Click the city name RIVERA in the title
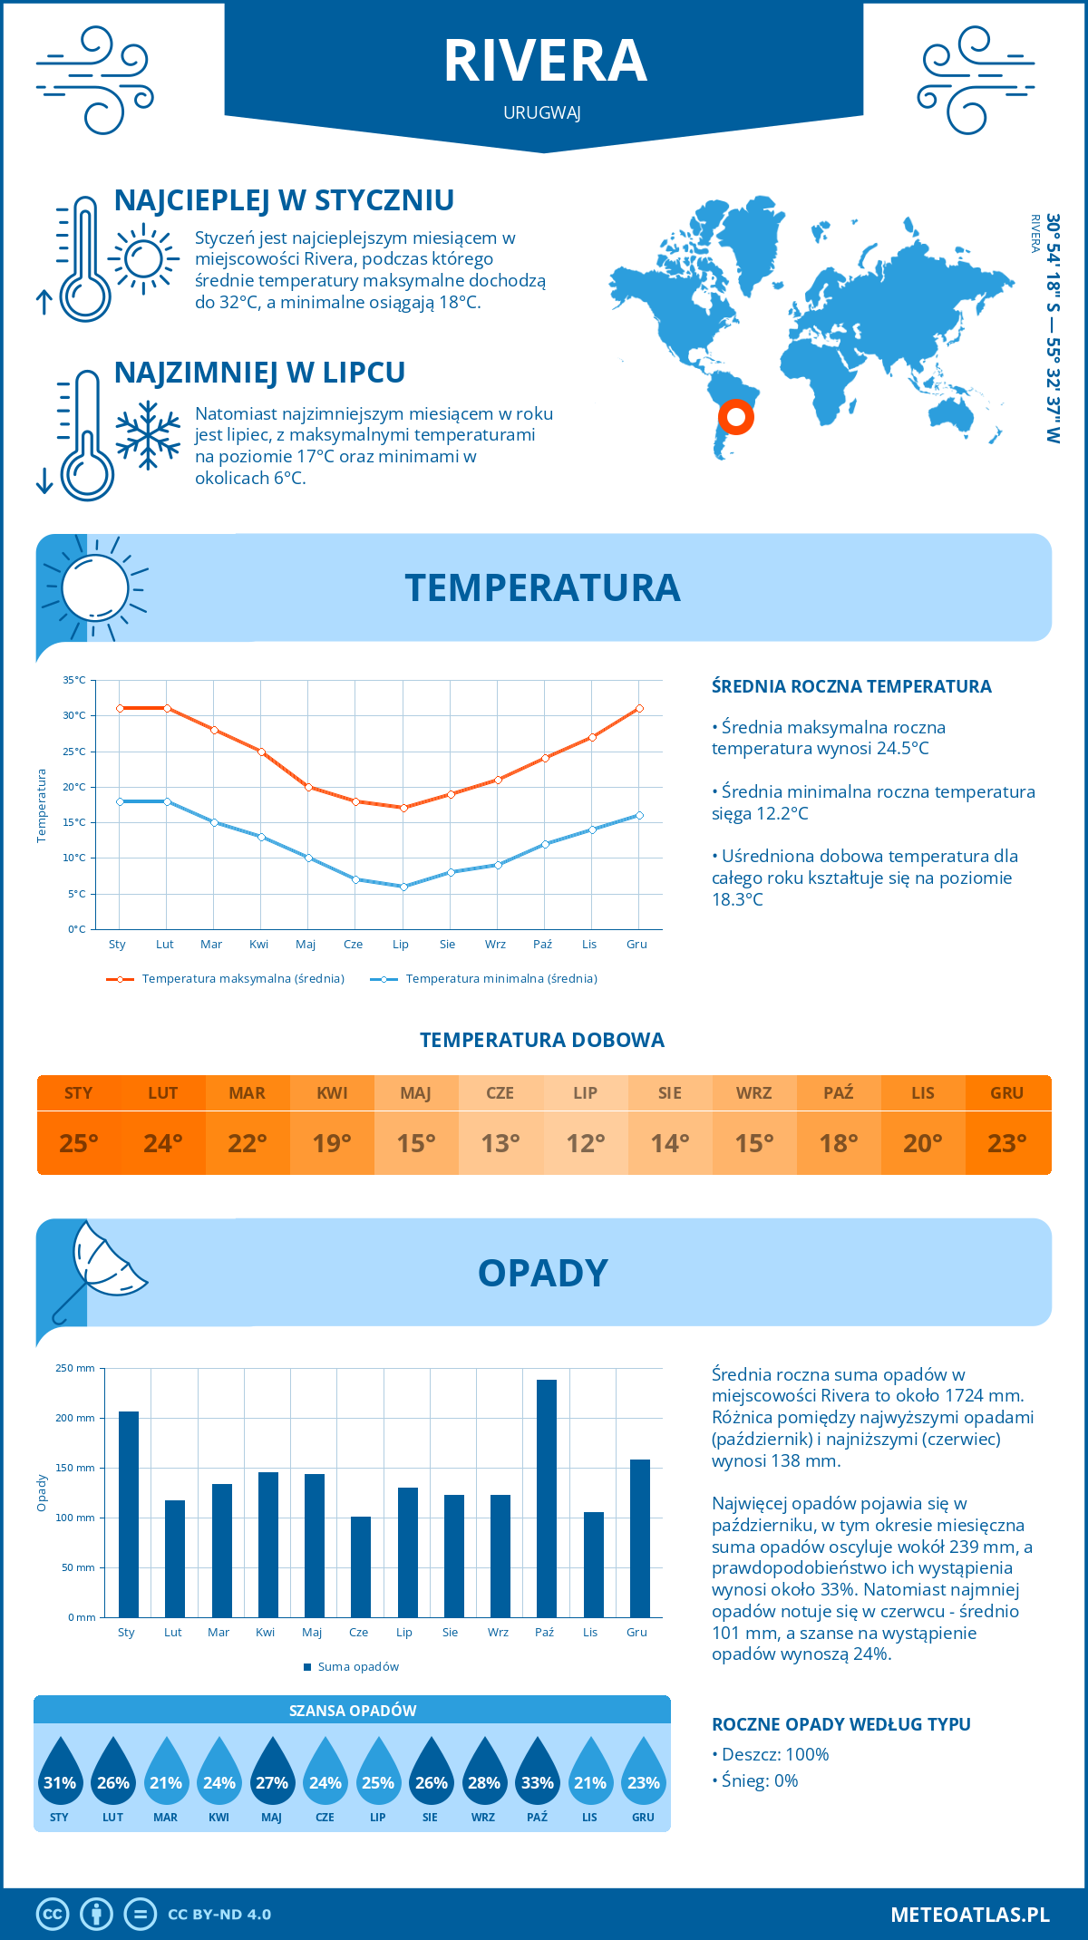click(x=545, y=62)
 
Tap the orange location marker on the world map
click(x=735, y=417)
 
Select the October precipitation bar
click(x=546, y=1498)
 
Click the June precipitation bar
click(x=361, y=1566)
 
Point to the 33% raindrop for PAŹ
click(x=537, y=1775)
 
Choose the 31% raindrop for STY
click(x=60, y=1775)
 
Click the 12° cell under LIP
click(x=585, y=1143)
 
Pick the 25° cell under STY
click(x=79, y=1143)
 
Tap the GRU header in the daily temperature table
click(x=1006, y=1093)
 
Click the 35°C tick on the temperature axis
click(x=74, y=680)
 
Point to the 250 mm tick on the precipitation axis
click(x=75, y=1368)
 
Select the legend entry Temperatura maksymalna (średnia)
click(x=226, y=979)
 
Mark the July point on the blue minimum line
click(x=403, y=887)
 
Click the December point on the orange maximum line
click(x=639, y=708)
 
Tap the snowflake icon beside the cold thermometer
click(x=148, y=435)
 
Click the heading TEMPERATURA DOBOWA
click(x=542, y=1040)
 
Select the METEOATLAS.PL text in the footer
click(x=969, y=1915)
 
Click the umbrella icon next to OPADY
click(x=100, y=1269)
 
